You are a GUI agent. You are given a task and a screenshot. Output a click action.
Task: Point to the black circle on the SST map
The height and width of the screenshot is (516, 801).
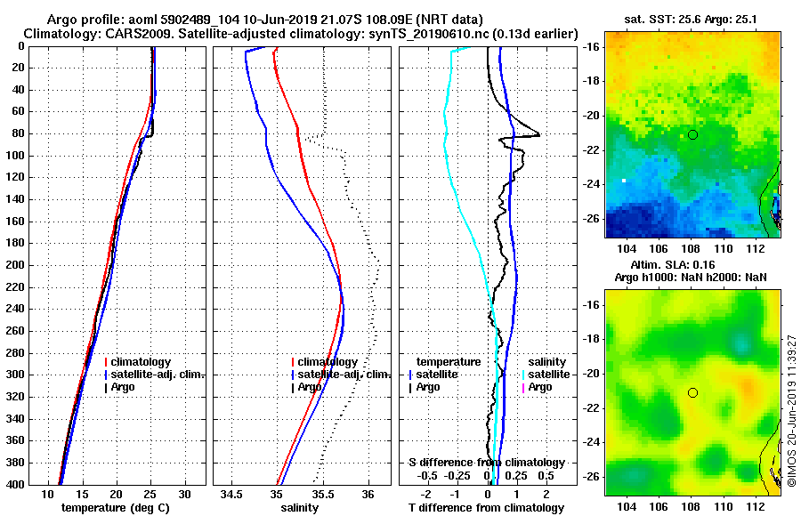click(x=692, y=134)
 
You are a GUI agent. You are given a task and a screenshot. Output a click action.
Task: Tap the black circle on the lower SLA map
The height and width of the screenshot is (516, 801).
click(x=692, y=392)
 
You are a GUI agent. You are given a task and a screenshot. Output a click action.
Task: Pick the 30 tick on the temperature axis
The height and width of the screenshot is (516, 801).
click(x=185, y=494)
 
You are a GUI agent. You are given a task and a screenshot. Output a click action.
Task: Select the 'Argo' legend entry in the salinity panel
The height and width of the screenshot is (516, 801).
click(x=310, y=387)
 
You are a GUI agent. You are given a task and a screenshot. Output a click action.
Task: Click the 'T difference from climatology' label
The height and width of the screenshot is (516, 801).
click(x=486, y=507)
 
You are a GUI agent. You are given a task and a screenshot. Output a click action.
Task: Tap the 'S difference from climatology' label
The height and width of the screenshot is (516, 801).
click(x=486, y=463)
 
